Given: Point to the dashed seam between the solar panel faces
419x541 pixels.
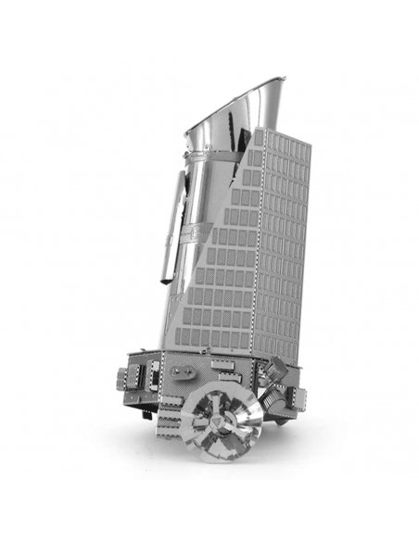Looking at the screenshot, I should pos(262,241).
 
